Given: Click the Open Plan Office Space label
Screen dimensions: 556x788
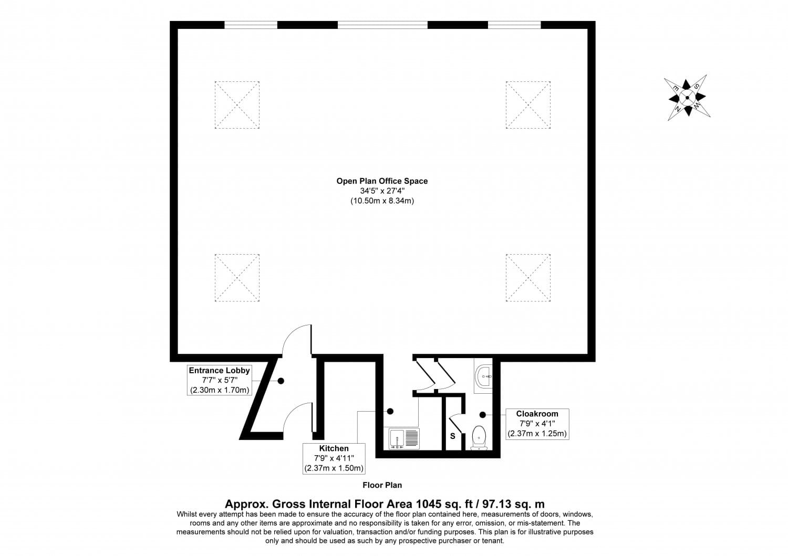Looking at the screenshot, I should click(x=382, y=181).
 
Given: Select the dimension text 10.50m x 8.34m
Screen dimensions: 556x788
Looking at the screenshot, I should click(x=382, y=201).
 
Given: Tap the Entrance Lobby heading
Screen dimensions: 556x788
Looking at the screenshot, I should click(x=219, y=370).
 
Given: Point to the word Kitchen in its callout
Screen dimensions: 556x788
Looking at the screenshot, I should click(x=334, y=448).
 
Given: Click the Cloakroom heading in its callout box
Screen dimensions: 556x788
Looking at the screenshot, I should click(x=537, y=414).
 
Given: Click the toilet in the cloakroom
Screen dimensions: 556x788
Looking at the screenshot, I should click(x=479, y=438).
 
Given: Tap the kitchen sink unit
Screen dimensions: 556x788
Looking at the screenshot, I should click(x=405, y=438).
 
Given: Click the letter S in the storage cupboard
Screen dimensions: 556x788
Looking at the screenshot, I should click(x=452, y=436).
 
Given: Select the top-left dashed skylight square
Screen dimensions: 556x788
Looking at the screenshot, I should click(x=237, y=105).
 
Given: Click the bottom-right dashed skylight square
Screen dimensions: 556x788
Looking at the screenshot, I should click(x=528, y=278).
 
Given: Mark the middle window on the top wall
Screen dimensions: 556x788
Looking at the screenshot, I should click(x=382, y=25).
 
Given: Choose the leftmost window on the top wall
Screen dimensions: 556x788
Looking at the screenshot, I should click(x=251, y=25).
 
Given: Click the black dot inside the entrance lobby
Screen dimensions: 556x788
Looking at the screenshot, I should click(x=281, y=381).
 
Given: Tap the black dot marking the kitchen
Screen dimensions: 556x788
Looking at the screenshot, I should click(x=390, y=411).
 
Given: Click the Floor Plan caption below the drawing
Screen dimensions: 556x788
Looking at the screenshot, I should click(x=382, y=485).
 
